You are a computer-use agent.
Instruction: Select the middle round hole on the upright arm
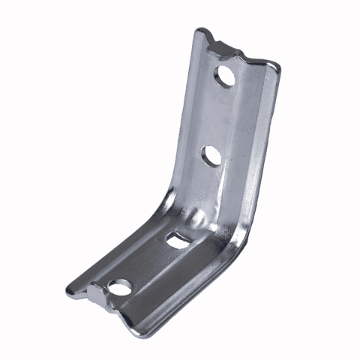point(211,156)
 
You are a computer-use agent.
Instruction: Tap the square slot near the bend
point(178,240)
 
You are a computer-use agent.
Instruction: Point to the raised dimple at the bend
point(196,218)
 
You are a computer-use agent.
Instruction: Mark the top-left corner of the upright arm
point(199,31)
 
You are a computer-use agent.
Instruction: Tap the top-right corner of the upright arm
point(279,66)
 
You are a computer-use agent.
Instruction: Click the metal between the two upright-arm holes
point(219,116)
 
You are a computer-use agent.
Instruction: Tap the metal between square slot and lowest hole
point(150,262)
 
